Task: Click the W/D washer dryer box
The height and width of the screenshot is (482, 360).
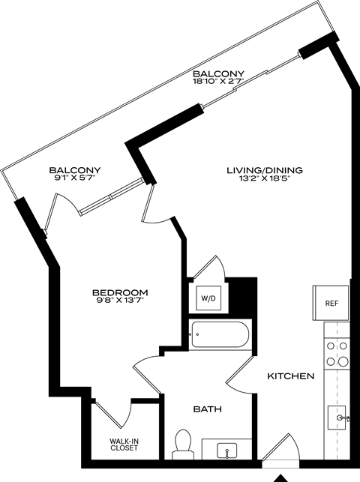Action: point(207,298)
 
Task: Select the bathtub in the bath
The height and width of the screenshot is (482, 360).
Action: point(219,334)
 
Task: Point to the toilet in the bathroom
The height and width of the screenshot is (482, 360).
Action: point(182,443)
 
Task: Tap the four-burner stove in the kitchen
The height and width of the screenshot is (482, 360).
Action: point(337,353)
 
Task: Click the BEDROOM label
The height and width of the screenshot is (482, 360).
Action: point(120,292)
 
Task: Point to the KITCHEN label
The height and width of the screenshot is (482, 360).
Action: point(291,376)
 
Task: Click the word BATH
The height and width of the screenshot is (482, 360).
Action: point(207,409)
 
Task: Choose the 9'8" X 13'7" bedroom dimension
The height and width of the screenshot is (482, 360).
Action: point(120,301)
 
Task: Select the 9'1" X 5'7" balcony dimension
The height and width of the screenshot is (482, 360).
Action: point(75,178)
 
